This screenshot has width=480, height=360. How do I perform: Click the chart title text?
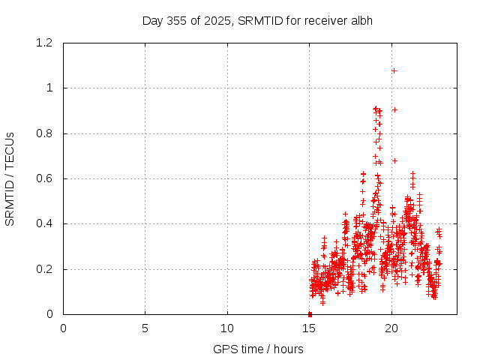coord(257,20)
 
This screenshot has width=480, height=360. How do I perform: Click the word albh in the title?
coord(360,20)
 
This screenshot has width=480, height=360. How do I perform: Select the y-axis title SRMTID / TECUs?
coord(10,178)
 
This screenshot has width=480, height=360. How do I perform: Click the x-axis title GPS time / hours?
coord(258,349)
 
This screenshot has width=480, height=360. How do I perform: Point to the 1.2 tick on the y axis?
coord(46,43)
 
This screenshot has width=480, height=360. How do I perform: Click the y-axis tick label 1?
coord(51,88)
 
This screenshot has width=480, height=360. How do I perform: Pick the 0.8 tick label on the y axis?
coord(46,133)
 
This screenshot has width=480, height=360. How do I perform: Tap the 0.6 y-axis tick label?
coord(46,178)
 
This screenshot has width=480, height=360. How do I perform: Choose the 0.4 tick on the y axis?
coord(46,223)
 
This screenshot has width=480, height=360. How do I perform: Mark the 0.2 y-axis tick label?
coord(46,269)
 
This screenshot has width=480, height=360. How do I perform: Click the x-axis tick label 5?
coord(145,328)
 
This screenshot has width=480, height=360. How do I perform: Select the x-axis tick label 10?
coord(227,328)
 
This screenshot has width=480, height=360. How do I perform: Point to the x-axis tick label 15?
coord(309,328)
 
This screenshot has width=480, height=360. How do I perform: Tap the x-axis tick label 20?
coord(391,328)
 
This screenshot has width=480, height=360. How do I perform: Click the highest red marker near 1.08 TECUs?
coord(394,70)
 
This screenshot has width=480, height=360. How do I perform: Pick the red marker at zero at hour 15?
coord(310,314)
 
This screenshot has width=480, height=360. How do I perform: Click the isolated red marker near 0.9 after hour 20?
coord(394,109)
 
